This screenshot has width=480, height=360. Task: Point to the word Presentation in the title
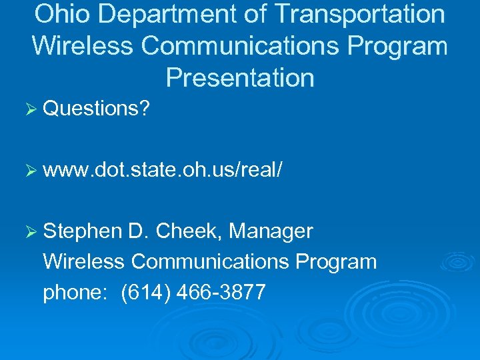(x=240, y=78)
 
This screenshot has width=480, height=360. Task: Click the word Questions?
(x=96, y=108)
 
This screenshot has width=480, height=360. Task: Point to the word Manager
(x=271, y=231)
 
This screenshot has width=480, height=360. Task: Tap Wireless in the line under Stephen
(x=83, y=261)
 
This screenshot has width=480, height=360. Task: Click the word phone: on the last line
(x=74, y=292)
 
